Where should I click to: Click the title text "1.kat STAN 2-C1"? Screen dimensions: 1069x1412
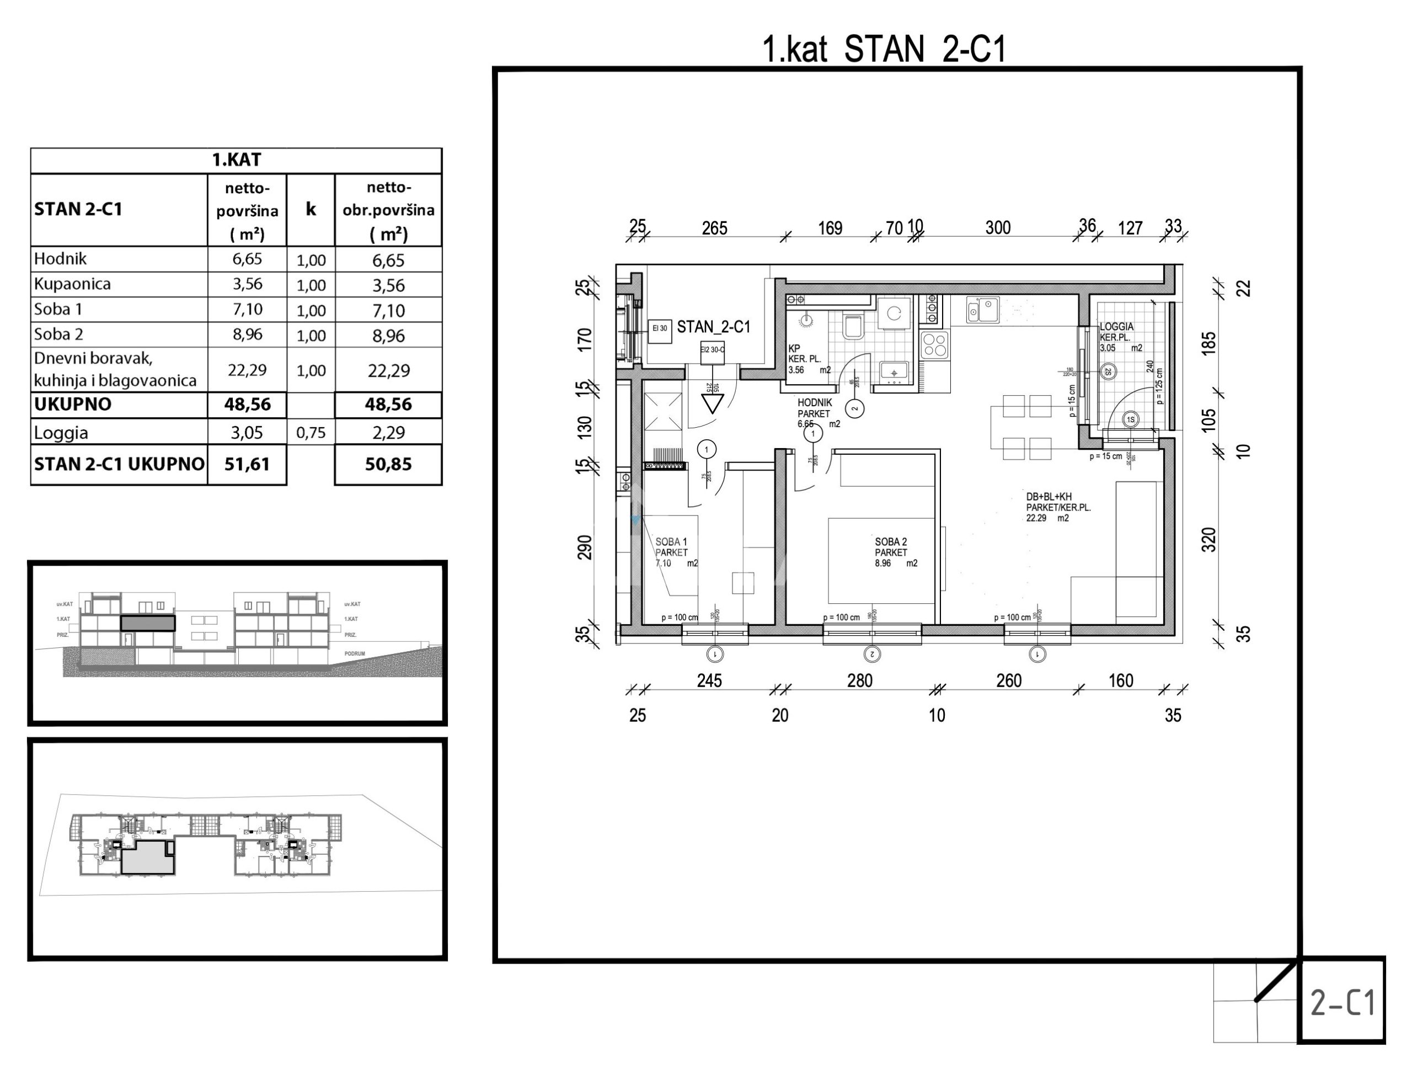tap(884, 49)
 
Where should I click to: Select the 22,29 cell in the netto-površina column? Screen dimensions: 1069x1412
tap(247, 370)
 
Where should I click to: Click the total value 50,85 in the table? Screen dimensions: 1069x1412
tap(388, 464)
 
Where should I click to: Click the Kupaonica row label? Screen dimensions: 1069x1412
tap(72, 284)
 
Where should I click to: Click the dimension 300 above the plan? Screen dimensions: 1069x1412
tap(998, 228)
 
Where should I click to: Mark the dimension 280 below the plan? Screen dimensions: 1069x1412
tap(860, 680)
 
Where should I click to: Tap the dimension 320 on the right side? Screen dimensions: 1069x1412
tap(1209, 540)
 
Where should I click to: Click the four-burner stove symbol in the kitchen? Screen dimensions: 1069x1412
tap(934, 345)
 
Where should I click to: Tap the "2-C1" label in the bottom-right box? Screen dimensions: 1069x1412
tap(1343, 1003)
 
